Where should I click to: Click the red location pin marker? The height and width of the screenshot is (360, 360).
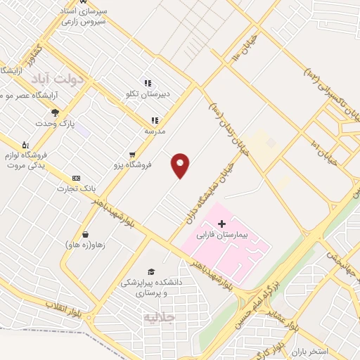tap(181, 165)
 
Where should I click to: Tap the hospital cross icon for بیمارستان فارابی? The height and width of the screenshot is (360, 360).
tap(223, 223)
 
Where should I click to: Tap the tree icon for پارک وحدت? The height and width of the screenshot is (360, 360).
tap(55, 112)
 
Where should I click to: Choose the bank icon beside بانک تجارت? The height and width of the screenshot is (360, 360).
tap(77, 179)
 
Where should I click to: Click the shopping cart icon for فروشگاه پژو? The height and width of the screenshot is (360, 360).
tap(131, 155)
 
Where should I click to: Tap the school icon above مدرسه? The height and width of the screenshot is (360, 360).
tap(154, 121)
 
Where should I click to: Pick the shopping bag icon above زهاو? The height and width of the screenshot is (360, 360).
tap(86, 233)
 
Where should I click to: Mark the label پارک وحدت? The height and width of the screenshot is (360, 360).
tap(56, 124)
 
